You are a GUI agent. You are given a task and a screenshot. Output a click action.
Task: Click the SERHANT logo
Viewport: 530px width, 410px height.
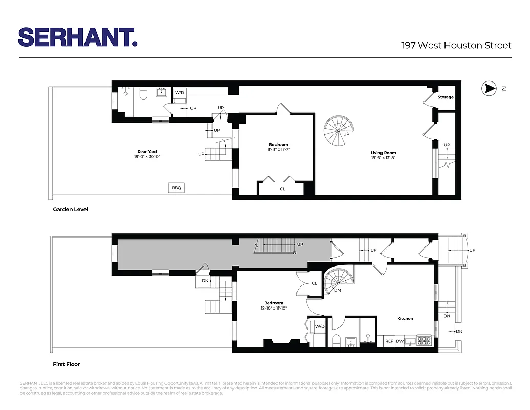(78, 37)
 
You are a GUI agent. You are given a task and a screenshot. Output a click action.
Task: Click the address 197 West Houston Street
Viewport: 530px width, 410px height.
(456, 45)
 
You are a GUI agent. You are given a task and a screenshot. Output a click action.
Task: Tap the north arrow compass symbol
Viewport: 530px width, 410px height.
(489, 89)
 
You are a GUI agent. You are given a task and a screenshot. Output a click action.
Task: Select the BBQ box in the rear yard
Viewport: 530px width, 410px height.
(177, 188)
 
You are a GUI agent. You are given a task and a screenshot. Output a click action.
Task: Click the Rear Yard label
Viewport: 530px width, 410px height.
(147, 152)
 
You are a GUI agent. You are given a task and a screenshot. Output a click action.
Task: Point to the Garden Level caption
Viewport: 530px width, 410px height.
(70, 210)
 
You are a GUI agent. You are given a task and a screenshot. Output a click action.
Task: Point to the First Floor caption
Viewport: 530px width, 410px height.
(67, 365)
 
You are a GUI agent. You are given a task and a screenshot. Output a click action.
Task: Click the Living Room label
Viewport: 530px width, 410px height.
(383, 153)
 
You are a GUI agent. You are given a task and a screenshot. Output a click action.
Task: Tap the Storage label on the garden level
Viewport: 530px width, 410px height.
(445, 97)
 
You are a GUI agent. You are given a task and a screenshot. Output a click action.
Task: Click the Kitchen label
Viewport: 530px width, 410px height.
(405, 319)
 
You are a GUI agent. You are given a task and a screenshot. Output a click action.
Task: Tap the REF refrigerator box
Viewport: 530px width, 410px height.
(389, 341)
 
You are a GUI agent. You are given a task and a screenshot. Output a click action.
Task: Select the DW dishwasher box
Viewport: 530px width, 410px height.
(399, 341)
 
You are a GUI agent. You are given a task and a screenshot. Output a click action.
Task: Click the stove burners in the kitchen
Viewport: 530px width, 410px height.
(425, 340)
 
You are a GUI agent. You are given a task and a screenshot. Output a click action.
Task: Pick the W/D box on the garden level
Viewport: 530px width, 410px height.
(180, 93)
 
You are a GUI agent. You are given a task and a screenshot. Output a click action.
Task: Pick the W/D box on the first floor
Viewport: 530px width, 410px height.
(320, 326)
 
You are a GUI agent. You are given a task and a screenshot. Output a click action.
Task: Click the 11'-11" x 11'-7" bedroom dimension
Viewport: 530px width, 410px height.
(279, 150)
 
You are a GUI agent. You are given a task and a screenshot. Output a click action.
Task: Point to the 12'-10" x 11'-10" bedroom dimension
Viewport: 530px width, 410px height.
(274, 309)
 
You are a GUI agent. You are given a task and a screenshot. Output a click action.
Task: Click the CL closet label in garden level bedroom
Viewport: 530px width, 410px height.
(282, 189)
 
